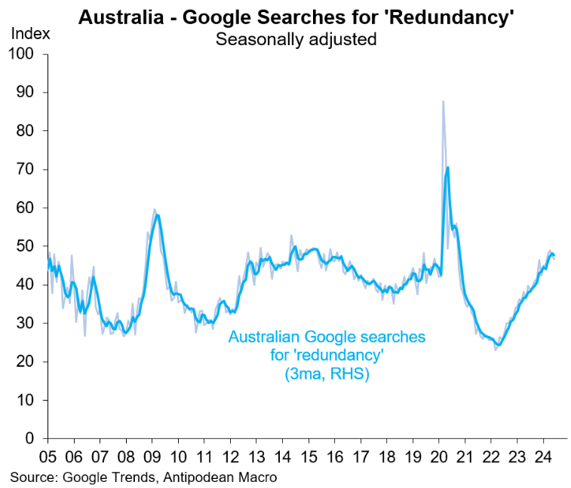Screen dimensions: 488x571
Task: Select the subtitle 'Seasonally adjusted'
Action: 296,38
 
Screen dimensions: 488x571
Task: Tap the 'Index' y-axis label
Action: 31,34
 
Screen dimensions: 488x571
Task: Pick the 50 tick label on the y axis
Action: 27,246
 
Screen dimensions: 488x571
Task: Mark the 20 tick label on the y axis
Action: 27,361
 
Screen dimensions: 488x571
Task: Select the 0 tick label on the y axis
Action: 31,438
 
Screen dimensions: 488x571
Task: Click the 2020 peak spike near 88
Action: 443,102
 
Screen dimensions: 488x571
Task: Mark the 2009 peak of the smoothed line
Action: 156,216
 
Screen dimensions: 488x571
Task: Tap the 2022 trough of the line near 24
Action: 497,344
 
